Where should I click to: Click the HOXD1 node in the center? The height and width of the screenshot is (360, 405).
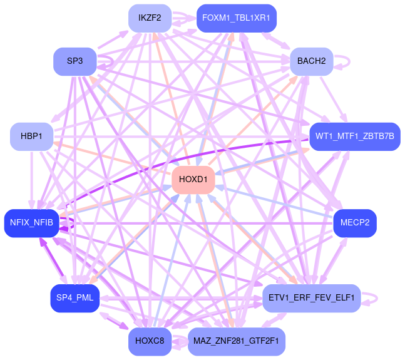coord(193,180)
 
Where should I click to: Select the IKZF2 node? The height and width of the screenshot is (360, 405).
coord(150,18)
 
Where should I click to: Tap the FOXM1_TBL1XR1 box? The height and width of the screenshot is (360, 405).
coord(236,18)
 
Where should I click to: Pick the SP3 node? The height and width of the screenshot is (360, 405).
coord(74,61)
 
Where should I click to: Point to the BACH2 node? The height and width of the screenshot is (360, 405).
coord(311,61)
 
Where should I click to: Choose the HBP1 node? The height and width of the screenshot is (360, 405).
coord(31,136)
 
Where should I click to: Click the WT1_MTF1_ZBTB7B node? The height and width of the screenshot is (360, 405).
coord(354,136)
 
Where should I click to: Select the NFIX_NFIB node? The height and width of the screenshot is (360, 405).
coord(31,223)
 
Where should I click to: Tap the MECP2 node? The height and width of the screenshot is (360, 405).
coord(354,223)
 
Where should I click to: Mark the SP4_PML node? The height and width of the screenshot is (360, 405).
coord(74,298)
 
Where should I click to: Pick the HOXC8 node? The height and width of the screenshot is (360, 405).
coord(150,341)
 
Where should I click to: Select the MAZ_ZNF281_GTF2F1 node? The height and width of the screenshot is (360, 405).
coord(236,341)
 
